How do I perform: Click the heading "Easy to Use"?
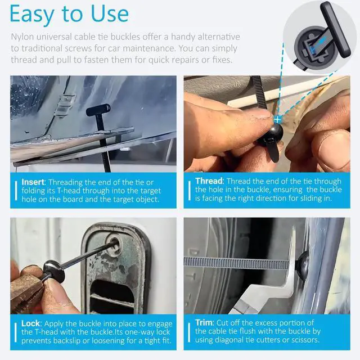(69, 14)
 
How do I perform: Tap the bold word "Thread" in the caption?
(209, 181)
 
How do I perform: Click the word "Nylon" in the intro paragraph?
(24, 37)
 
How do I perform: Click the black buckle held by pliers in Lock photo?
(53, 268)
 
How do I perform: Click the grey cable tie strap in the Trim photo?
(236, 262)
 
